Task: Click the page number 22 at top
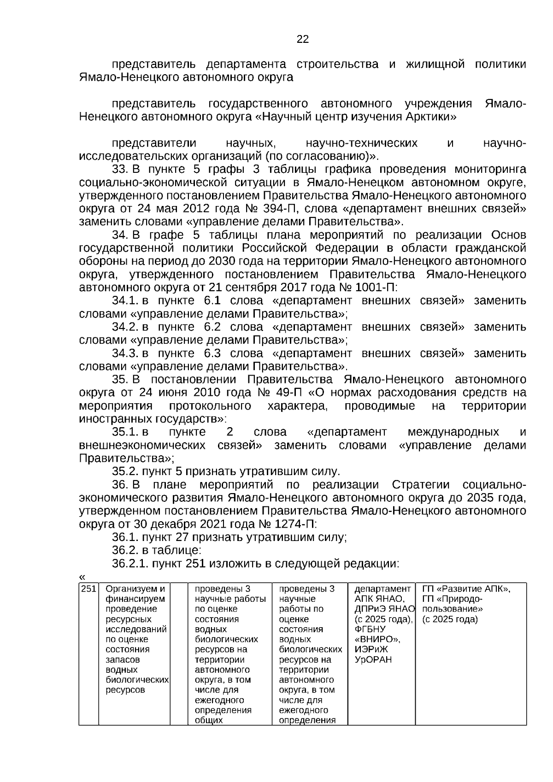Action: click(x=302, y=39)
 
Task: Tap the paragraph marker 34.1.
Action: click(x=125, y=301)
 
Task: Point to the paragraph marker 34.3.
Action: click(x=125, y=353)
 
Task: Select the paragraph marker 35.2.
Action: click(x=125, y=471)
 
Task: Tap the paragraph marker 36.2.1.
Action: click(x=130, y=564)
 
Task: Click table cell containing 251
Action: click(x=88, y=589)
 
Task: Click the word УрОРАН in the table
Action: click(x=373, y=659)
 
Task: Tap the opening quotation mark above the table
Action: click(x=82, y=576)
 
